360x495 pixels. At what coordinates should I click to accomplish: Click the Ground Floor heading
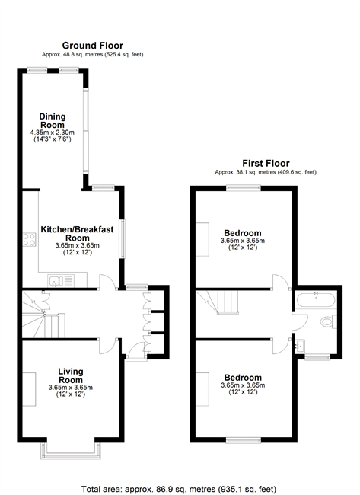(x=92, y=46)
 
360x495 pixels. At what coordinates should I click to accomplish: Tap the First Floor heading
(x=266, y=163)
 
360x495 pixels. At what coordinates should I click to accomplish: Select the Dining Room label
(x=53, y=120)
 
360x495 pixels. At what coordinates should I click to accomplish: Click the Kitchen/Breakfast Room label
(x=78, y=233)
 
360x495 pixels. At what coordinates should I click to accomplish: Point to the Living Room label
(x=71, y=375)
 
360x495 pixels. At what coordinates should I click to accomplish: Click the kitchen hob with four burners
(x=29, y=239)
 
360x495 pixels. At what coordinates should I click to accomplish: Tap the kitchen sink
(x=61, y=281)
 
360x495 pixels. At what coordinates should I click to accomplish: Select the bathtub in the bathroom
(x=316, y=300)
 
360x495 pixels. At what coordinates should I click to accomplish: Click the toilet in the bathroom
(x=329, y=321)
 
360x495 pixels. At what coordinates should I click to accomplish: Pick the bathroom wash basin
(x=299, y=346)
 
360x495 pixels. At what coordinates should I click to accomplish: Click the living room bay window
(x=71, y=451)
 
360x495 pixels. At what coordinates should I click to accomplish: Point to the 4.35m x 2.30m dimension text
(x=53, y=133)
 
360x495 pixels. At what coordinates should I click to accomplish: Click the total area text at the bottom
(x=179, y=490)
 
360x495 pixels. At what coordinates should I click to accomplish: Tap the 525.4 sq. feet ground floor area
(x=123, y=55)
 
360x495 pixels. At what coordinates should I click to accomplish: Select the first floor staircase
(x=217, y=302)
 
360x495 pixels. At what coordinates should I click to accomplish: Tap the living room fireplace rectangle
(x=29, y=389)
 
